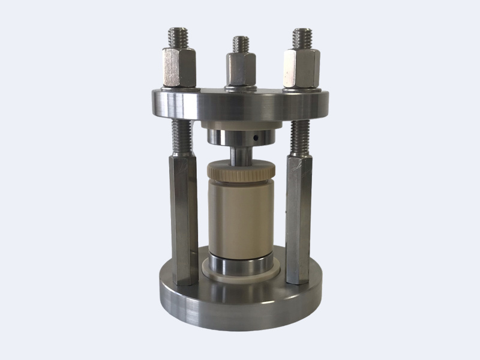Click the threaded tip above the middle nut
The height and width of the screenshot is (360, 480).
coord(241,44)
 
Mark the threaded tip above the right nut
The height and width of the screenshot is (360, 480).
coord(302,37)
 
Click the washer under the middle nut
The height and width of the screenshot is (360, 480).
coord(241,89)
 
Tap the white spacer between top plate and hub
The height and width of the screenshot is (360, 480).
coord(240,128)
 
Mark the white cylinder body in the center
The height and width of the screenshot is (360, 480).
coord(240,216)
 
